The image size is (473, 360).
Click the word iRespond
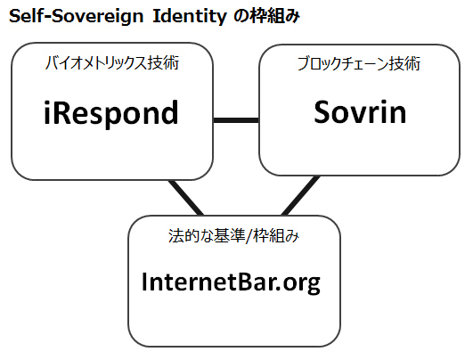[111, 113]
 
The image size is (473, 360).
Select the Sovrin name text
[360, 111]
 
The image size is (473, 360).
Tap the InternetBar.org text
[231, 282]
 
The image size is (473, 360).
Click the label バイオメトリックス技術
[112, 63]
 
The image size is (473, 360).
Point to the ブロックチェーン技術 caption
[359, 63]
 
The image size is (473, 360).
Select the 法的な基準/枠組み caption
[233, 235]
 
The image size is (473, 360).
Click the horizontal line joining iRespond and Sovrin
[236, 120]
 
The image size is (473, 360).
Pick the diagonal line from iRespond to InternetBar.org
[186, 198]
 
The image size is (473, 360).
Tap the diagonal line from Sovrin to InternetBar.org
[300, 195]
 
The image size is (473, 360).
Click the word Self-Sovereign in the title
[77, 16]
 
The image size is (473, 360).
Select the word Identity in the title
[190, 17]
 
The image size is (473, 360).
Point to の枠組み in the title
[267, 16]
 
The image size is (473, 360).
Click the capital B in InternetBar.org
[242, 282]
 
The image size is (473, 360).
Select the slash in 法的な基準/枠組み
[249, 235]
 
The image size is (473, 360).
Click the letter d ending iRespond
[169, 112]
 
